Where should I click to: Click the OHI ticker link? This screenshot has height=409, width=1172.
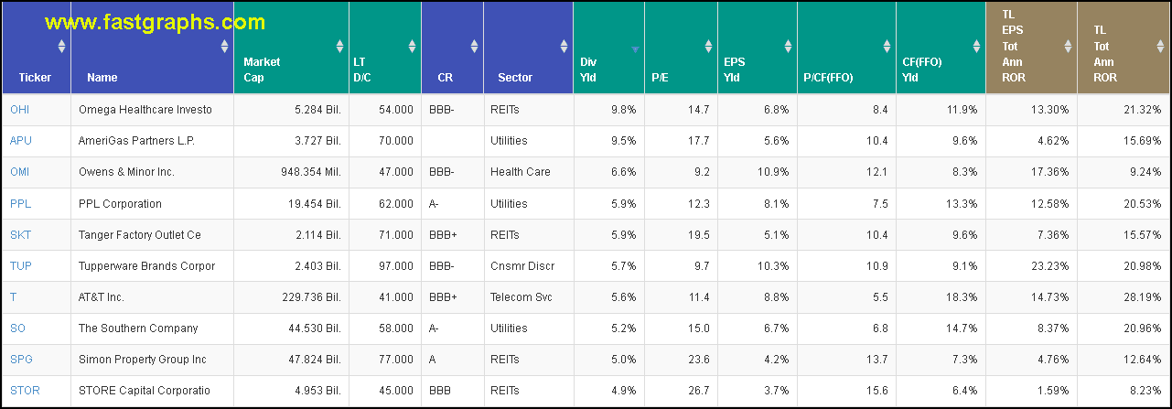click(20, 110)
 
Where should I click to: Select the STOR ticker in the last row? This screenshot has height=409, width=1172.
click(25, 391)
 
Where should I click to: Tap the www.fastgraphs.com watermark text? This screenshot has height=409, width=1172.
click(156, 22)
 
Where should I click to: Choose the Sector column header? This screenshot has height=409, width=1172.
click(515, 78)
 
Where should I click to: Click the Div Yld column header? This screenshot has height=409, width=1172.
click(588, 70)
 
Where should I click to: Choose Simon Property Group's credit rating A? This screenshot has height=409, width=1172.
click(433, 360)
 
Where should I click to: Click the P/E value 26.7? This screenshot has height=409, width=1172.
click(698, 391)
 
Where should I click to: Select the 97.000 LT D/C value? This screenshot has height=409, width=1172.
click(394, 266)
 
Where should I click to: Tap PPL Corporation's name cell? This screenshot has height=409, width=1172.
click(120, 204)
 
